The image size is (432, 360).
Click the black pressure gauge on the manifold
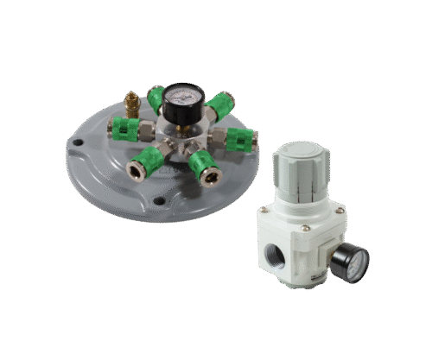pos(181,97)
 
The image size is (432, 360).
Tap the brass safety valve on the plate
pos(132,103)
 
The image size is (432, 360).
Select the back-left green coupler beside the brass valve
pos(156,98)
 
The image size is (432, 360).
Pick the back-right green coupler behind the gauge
pos(219,104)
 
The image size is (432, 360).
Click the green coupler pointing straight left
pos(126,129)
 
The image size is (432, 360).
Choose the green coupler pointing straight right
pos(240,136)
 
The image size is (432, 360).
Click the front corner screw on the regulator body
pos(306,228)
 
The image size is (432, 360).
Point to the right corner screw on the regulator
pos(340,210)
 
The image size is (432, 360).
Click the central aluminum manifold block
pos(183,136)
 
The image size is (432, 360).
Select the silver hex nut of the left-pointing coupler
pos(147,130)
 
